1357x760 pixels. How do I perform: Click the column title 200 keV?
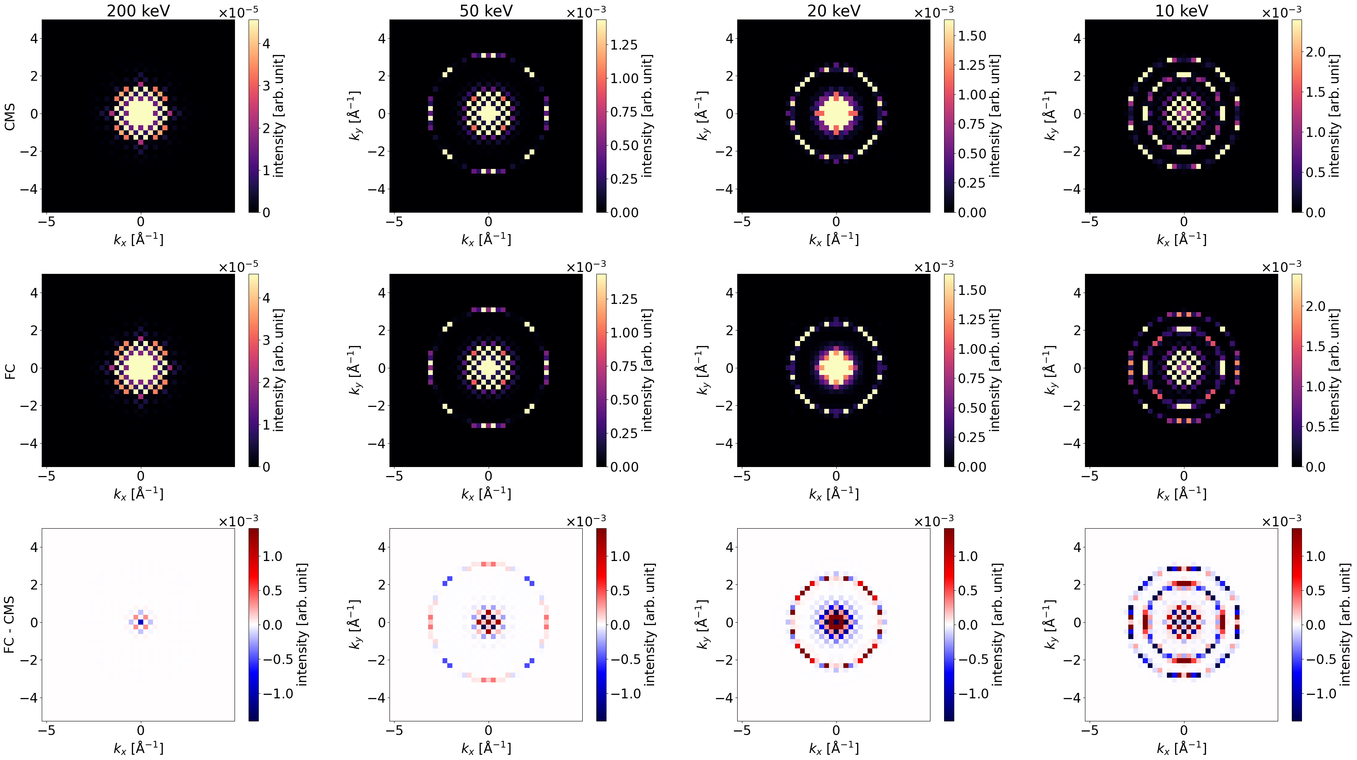[x=138, y=11]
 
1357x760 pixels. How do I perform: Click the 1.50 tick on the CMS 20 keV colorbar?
[x=972, y=36]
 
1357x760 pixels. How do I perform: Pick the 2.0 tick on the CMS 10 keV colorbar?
[x=1315, y=51]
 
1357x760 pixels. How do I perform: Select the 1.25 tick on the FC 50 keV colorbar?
[x=624, y=299]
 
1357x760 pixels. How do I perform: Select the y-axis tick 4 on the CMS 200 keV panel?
[x=34, y=39]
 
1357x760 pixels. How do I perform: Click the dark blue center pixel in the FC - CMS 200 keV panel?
[x=141, y=622]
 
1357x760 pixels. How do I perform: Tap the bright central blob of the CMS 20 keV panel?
[x=836, y=113]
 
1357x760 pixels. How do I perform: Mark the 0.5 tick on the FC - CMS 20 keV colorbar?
[x=968, y=590]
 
